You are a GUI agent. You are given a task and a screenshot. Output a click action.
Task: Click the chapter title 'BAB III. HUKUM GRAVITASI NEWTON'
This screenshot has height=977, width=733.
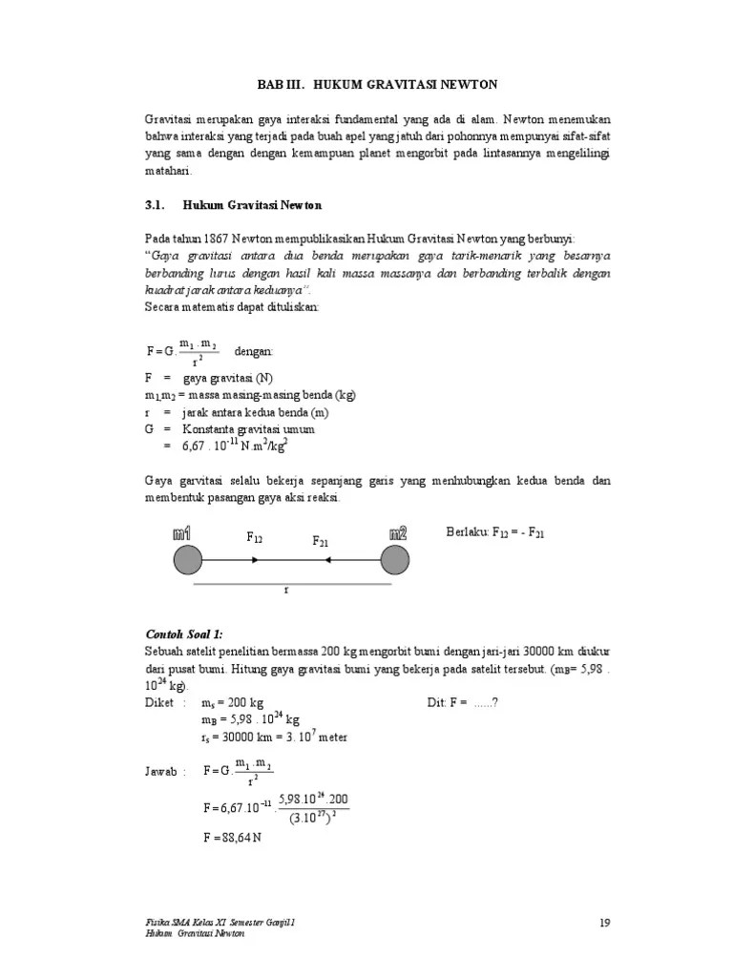tap(377, 85)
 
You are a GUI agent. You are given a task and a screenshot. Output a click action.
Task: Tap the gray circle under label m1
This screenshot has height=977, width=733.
tap(187, 560)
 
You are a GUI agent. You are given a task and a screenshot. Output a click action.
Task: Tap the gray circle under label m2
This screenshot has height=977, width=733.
tap(394, 560)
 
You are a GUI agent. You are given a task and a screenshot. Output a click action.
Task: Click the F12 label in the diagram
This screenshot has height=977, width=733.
tap(255, 538)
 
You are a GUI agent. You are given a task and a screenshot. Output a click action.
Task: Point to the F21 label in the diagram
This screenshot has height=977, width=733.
tap(321, 542)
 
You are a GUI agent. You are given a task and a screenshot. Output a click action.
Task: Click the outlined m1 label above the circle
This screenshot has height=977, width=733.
tap(183, 532)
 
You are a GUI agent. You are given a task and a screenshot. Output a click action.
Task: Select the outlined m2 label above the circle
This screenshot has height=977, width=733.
tap(398, 532)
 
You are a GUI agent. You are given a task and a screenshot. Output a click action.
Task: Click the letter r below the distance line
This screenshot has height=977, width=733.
tap(285, 591)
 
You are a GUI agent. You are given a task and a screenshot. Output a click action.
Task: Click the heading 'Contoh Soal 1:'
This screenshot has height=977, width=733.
tap(183, 634)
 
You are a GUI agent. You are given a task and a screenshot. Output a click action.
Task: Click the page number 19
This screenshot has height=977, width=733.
tap(604, 922)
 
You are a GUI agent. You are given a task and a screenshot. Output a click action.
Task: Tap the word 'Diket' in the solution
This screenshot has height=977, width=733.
tap(159, 702)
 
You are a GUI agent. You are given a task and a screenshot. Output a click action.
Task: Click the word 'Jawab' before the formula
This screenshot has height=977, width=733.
tap(162, 771)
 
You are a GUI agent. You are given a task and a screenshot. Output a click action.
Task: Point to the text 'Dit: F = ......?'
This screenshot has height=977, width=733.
tap(462, 702)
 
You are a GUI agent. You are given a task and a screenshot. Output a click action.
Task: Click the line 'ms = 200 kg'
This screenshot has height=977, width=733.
tap(233, 702)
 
